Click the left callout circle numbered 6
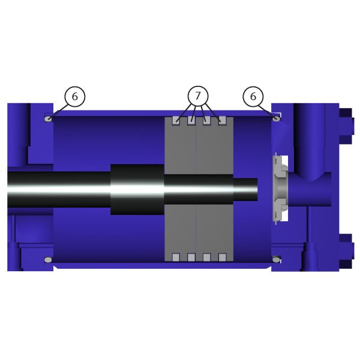[75, 97]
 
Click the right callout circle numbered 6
[253, 97]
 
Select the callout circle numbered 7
[198, 96]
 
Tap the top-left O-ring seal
[48, 119]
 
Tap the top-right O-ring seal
[276, 119]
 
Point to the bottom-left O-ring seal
[48, 260]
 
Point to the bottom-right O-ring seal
[276, 260]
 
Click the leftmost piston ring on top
[176, 121]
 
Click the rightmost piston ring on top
[222, 121]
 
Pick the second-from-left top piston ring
[191, 121]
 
